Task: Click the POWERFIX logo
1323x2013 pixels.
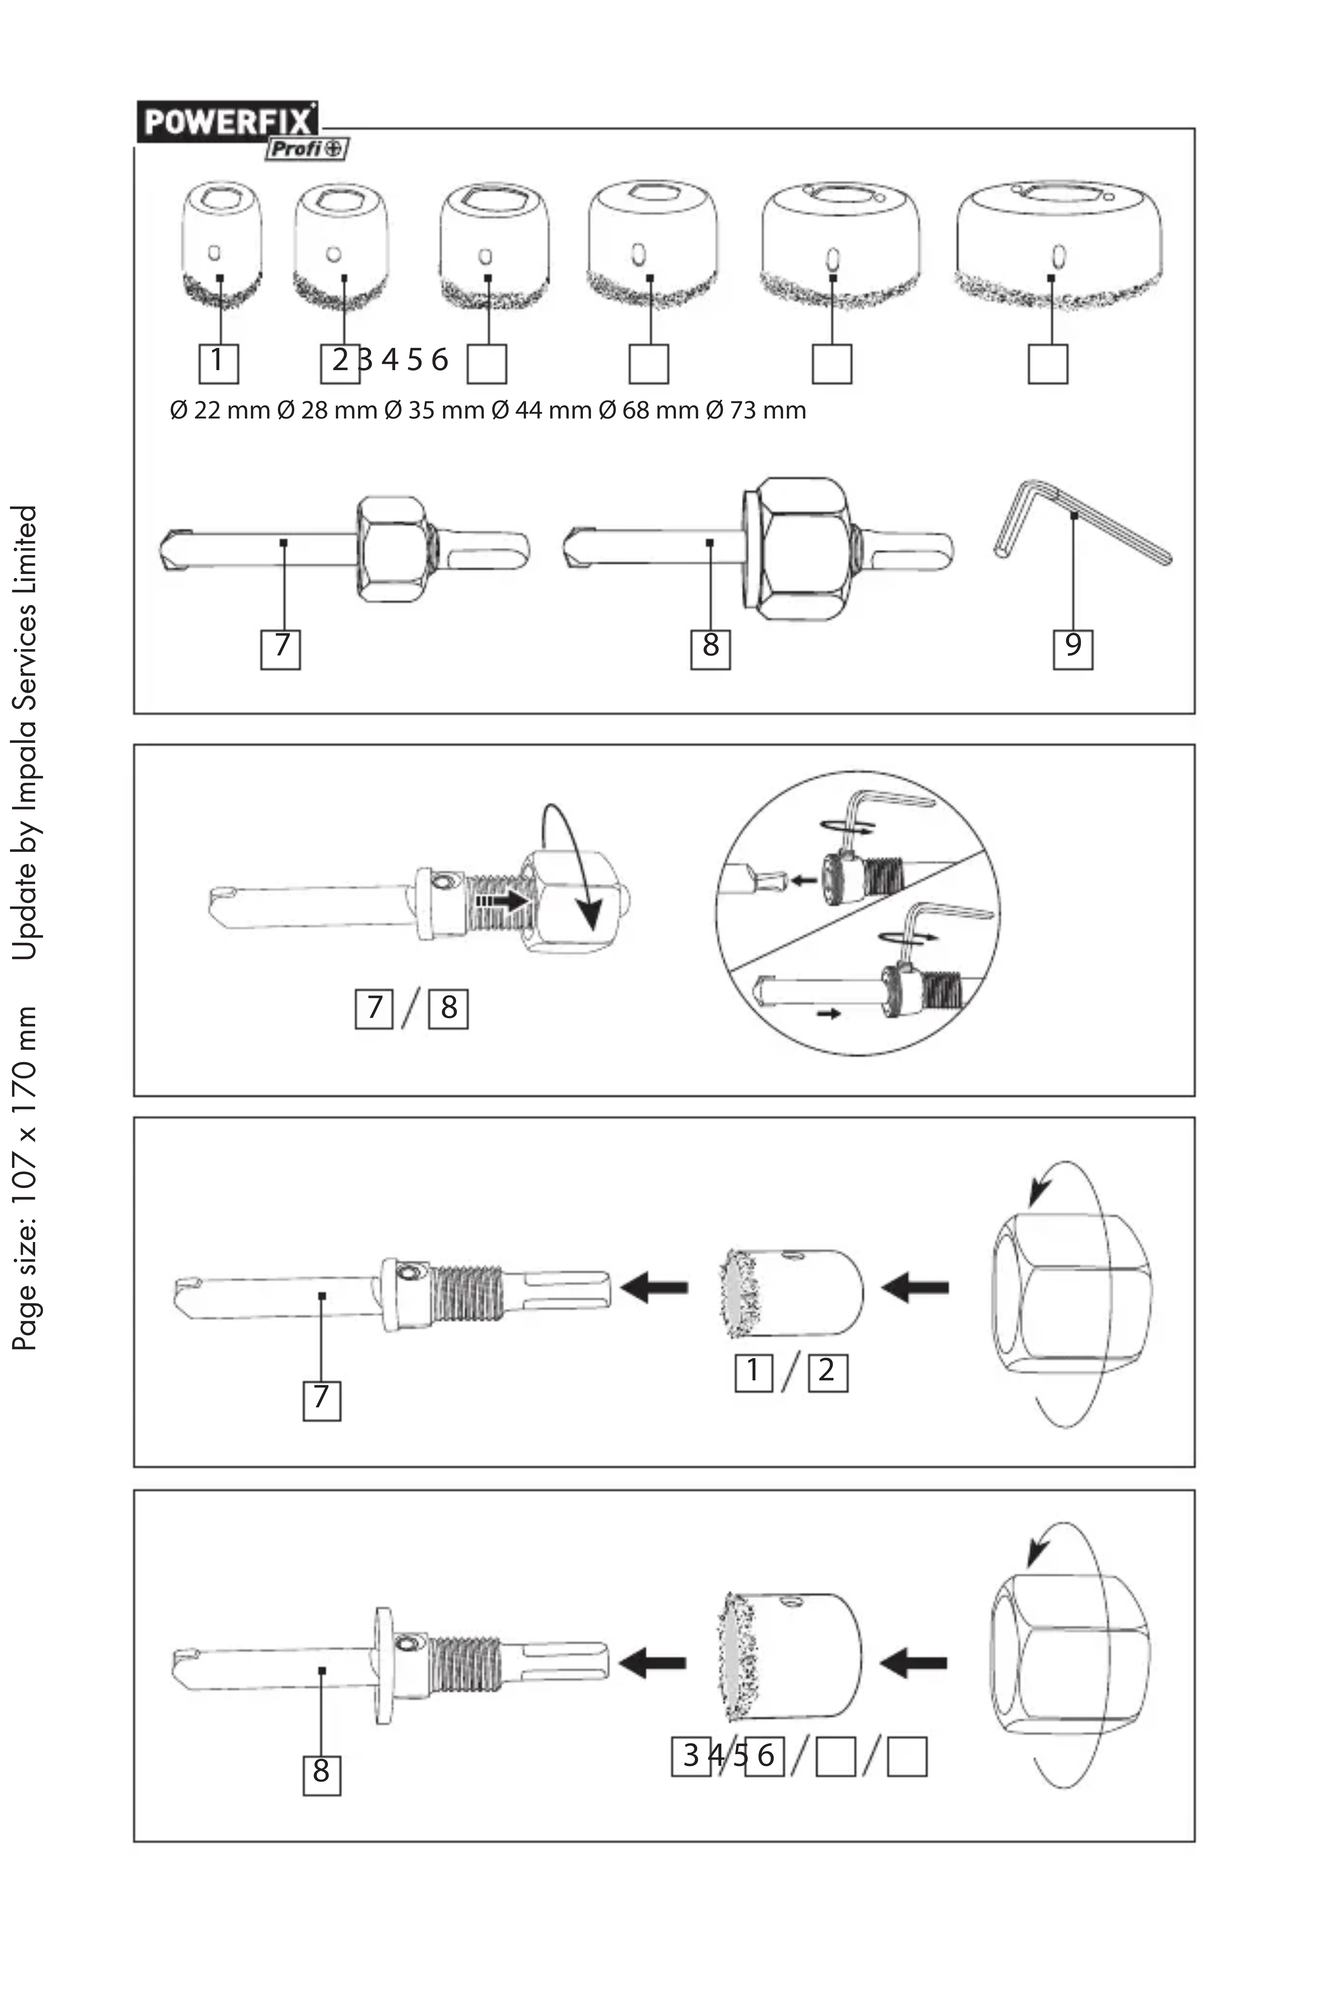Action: point(227,123)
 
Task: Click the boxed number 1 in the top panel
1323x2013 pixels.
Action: point(218,362)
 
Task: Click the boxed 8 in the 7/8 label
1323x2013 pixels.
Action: point(448,1008)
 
